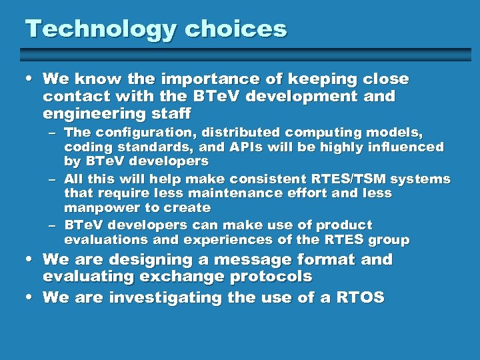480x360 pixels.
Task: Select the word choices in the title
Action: [x=236, y=29]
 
